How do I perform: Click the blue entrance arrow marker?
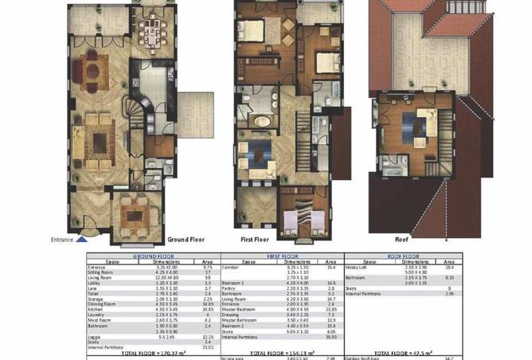(x=83, y=237)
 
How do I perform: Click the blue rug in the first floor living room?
(x=258, y=153)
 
